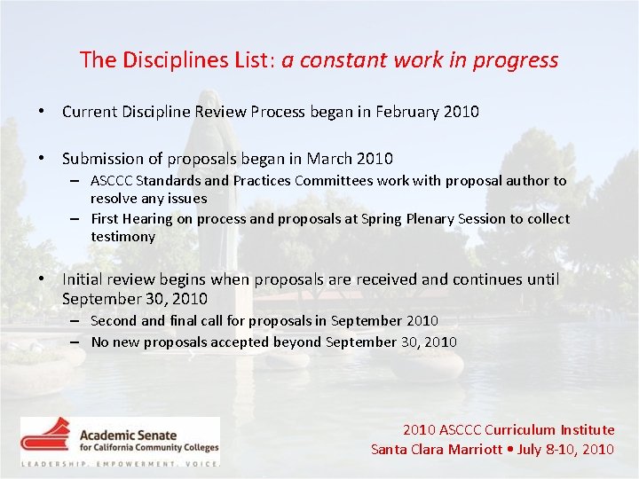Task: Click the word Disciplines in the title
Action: coord(163,60)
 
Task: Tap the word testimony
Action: coord(122,237)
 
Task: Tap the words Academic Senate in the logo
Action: coord(128,435)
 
